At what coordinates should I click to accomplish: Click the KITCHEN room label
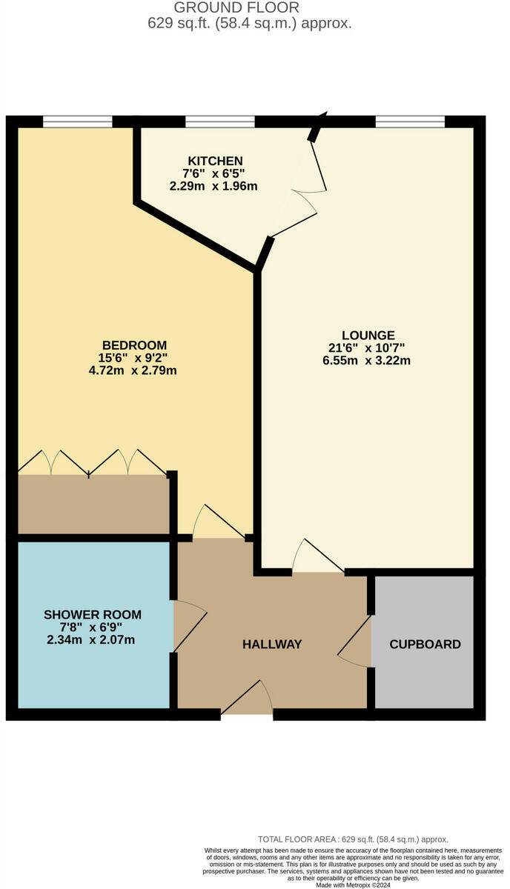click(215, 161)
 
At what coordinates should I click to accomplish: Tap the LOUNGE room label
click(368, 335)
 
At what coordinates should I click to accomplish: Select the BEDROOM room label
click(134, 345)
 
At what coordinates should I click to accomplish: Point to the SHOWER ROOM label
click(93, 615)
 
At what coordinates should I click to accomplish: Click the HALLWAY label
click(272, 645)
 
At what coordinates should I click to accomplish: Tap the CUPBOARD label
click(425, 645)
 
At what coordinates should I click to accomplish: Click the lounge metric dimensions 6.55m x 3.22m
click(368, 361)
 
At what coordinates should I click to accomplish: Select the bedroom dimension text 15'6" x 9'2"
click(134, 358)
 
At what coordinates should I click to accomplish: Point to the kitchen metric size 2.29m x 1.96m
click(215, 186)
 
